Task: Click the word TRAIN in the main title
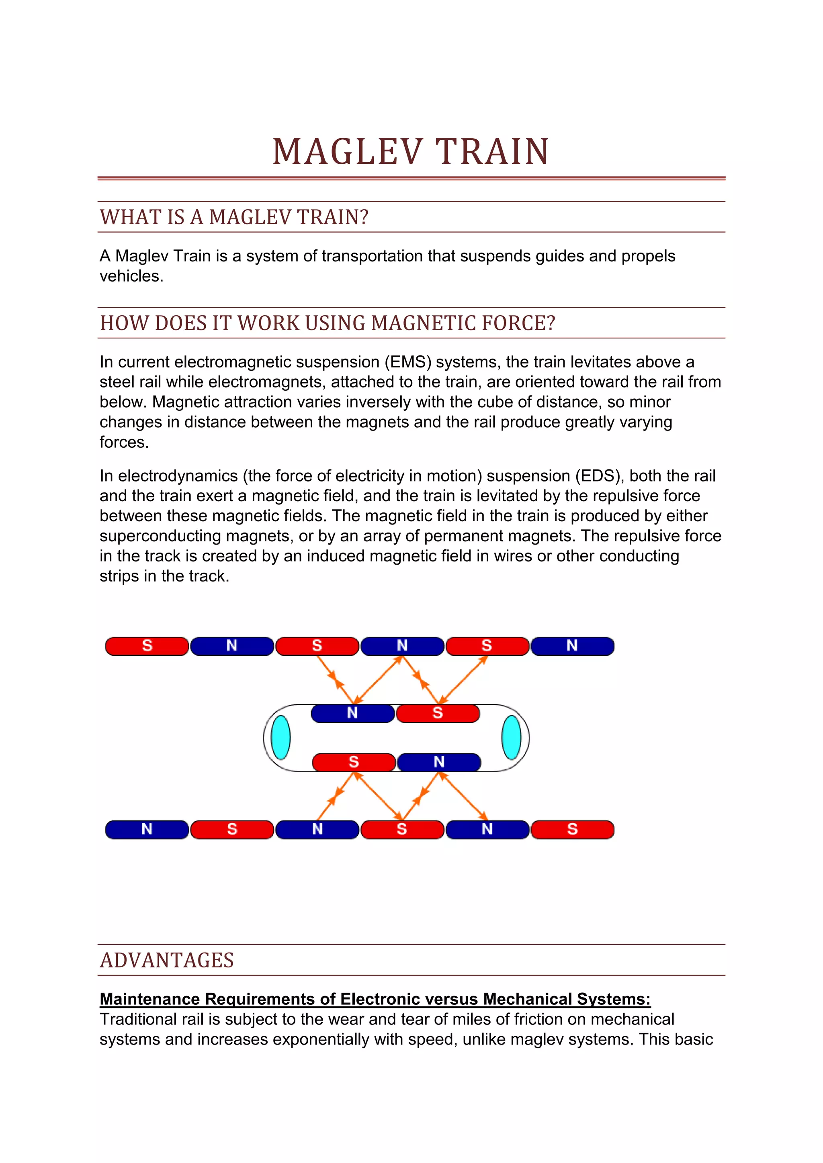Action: pyautogui.click(x=492, y=151)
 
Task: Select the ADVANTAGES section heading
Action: pyautogui.click(x=167, y=960)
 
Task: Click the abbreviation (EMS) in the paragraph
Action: pyautogui.click(x=408, y=362)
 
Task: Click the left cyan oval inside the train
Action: pyautogui.click(x=281, y=737)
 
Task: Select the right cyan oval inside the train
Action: pyautogui.click(x=511, y=737)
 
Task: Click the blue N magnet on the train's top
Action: pyautogui.click(x=352, y=713)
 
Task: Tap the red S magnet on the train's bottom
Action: pyautogui.click(x=354, y=762)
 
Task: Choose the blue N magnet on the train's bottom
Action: pyautogui.click(x=439, y=762)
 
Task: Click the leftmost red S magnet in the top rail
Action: pyautogui.click(x=147, y=646)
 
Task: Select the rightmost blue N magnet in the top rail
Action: pyautogui.click(x=572, y=646)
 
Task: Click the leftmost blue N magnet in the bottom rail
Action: pyautogui.click(x=147, y=829)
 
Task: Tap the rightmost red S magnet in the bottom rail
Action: pyautogui.click(x=572, y=829)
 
